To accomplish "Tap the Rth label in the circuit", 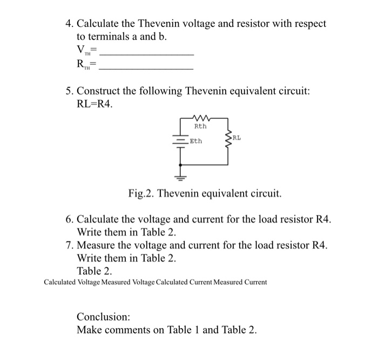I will click(200, 126).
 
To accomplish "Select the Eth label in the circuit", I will click(196, 142).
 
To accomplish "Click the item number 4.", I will click(69, 24).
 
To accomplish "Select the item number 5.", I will click(69, 91).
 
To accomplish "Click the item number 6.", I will click(69, 219).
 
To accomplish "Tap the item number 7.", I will click(69, 245).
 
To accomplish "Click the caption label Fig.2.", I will click(142, 193).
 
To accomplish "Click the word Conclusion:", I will click(104, 316).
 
